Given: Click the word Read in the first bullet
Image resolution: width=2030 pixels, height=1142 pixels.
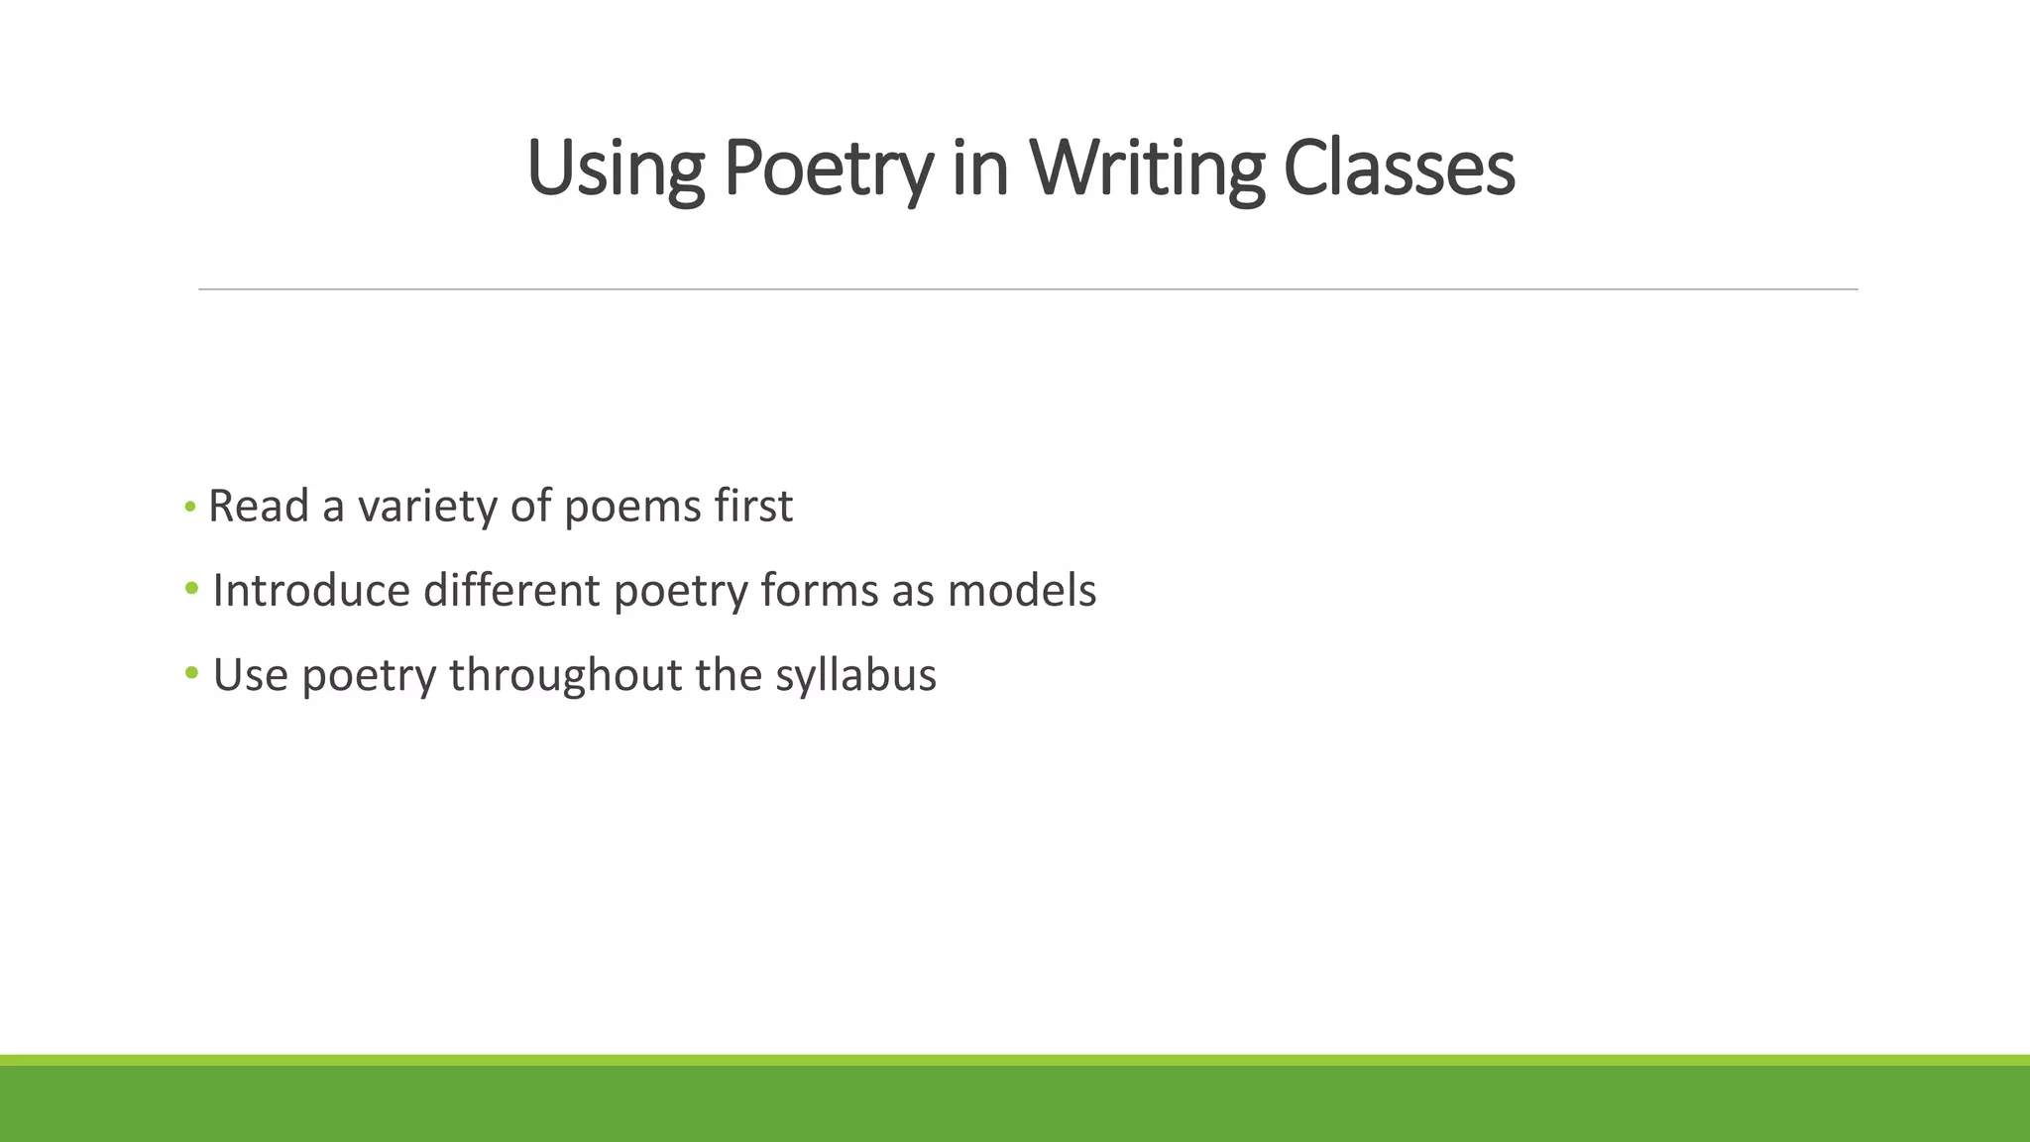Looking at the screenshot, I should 259,507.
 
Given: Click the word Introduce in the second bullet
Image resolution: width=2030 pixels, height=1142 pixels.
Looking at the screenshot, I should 310,591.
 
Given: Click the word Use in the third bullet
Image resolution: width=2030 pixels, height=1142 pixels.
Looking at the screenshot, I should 250,675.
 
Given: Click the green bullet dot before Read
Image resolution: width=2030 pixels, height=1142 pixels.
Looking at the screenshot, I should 190,508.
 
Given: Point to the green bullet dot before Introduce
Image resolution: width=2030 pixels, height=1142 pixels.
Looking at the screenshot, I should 191,590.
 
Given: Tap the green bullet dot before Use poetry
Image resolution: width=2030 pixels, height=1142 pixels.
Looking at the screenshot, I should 191,674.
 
